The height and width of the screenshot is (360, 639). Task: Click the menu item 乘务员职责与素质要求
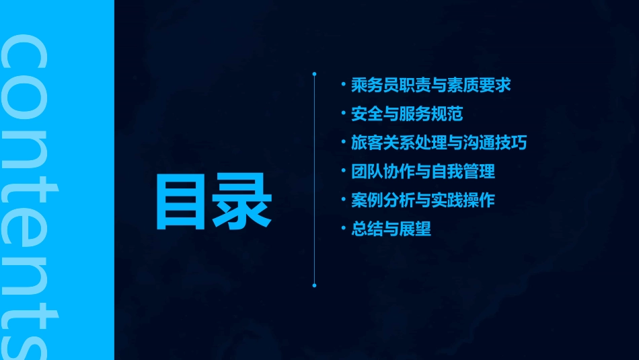[x=431, y=85]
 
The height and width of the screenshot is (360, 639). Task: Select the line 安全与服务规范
[x=407, y=114]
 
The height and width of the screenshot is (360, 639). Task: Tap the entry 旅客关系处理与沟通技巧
[x=439, y=143]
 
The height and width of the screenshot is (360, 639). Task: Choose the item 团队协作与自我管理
[x=423, y=172]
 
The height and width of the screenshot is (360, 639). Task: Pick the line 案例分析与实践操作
[x=423, y=200]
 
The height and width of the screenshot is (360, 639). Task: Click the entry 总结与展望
[x=391, y=229]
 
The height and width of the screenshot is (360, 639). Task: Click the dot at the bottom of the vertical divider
[x=314, y=285]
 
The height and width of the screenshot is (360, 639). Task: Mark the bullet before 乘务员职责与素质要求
[x=344, y=85]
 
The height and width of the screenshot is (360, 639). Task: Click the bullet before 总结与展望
[x=344, y=229]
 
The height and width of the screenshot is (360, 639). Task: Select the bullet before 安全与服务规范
[x=344, y=114]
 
